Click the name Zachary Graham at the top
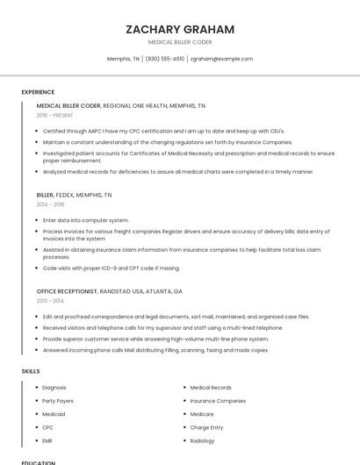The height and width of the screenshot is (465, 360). pos(180,29)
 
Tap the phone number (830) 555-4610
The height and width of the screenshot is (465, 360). pos(165,59)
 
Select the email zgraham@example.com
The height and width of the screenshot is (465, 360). pos(221,59)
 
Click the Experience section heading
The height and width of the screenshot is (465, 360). pos(38,92)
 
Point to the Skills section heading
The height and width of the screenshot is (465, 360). pos(31,371)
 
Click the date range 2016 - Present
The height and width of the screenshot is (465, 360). pos(54,115)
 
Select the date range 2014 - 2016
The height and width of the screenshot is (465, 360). pos(50,204)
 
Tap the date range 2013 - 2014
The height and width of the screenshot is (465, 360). pos(50,300)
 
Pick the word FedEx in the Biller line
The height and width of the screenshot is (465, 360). pos(65,195)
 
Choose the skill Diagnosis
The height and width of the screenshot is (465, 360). pos(54,387)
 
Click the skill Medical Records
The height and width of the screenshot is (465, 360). pos(211,387)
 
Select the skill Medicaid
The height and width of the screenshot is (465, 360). pos(54,414)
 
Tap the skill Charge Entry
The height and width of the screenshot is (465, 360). pos(206,427)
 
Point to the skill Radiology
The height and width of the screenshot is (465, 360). pos(203,440)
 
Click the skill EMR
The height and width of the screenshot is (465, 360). pos(47,440)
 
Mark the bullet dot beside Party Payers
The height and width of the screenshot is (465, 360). pos(37,401)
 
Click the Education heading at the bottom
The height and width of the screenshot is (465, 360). pos(39,462)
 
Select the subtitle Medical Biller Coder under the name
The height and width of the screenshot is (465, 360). pos(180,41)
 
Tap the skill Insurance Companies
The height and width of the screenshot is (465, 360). pos(218,401)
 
